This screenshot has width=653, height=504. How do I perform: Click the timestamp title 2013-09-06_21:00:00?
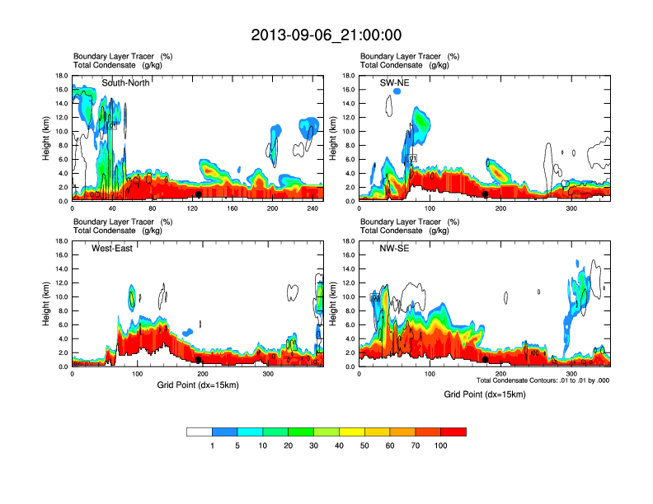[326, 35]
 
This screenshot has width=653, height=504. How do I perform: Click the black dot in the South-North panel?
[199, 194]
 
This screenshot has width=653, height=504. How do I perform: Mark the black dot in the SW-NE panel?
[486, 194]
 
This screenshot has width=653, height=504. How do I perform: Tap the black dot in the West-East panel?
[199, 360]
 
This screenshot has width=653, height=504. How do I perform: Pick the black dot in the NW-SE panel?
[486, 360]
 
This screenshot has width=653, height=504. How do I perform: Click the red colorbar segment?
[453, 432]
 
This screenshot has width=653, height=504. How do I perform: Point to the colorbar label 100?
[441, 446]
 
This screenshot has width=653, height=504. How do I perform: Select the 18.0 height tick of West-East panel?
[61, 241]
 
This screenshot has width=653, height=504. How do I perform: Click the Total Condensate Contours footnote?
[543, 380]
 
